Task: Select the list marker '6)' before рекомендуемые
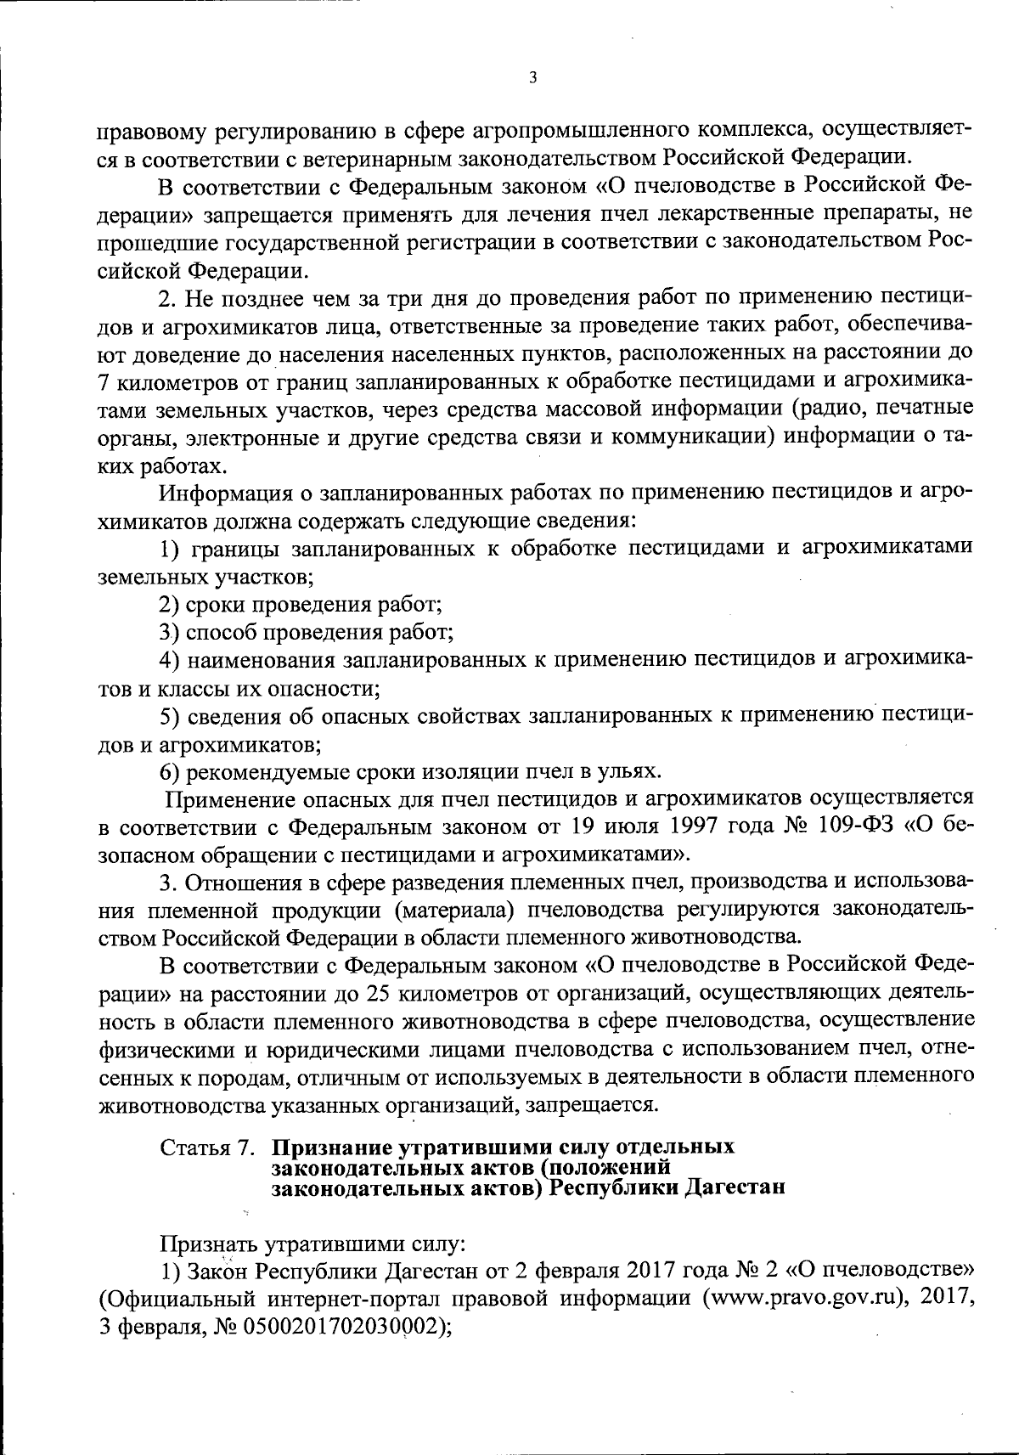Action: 170,771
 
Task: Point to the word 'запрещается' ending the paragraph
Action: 601,1105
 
